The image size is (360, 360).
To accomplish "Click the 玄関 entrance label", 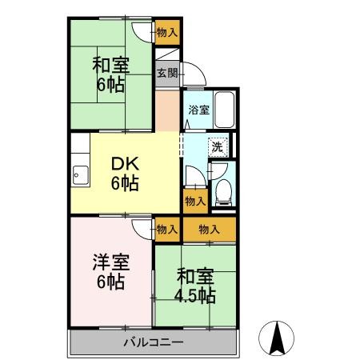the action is (167, 73).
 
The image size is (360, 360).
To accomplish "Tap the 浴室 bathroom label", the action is (198, 110).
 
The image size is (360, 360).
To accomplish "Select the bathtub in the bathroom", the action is (225, 110).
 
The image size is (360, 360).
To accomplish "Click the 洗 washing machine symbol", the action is (218, 147).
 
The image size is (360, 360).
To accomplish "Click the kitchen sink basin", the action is (80, 175).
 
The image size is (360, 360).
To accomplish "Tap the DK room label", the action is (125, 164).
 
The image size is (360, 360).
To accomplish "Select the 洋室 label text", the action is (111, 262).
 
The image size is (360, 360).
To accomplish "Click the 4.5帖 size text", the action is (195, 295).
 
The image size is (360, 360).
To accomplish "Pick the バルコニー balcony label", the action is (154, 342).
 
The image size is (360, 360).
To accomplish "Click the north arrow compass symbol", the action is (277, 338).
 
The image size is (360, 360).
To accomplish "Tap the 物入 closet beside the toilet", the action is (195, 202).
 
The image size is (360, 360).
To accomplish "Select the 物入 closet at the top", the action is (167, 33).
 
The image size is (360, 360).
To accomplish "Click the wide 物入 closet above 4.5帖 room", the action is (210, 230).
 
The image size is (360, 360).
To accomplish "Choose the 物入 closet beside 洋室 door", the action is (167, 230).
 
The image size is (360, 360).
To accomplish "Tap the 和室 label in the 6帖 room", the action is (111, 66).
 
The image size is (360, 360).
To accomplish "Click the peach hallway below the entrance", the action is (167, 110).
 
